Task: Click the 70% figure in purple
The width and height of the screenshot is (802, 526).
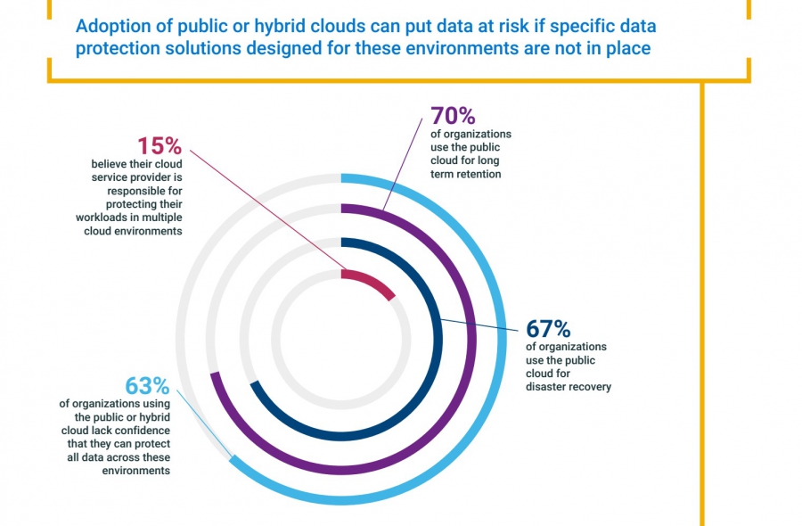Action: tap(453, 116)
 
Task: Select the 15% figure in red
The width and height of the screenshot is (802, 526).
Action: tap(160, 146)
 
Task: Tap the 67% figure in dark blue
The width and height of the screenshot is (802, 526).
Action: tap(547, 329)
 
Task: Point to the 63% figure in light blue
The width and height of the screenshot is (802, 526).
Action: tap(147, 386)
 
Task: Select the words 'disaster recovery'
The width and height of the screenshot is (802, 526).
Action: tap(569, 387)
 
